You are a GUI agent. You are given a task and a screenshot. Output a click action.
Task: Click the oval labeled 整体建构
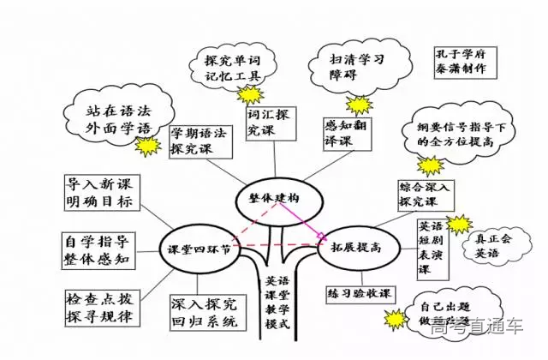[268, 197]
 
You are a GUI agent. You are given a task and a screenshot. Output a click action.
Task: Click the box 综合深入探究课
[429, 194]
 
